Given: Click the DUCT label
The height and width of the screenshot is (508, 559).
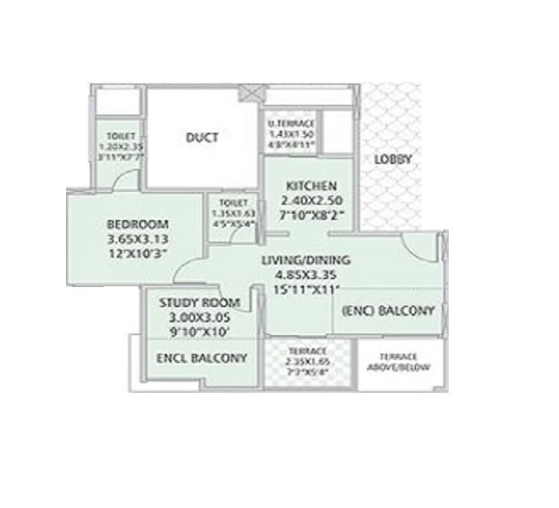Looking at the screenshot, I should tap(202, 138).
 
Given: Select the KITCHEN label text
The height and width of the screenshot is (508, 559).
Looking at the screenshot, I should tap(311, 186).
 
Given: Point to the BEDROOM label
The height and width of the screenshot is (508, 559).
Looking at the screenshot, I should tap(137, 225).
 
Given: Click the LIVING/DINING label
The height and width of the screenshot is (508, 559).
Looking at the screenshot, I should tap(306, 260).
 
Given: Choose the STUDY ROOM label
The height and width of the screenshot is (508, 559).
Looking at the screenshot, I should tap(199, 303).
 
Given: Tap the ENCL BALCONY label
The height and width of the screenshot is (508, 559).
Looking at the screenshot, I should tap(201, 358).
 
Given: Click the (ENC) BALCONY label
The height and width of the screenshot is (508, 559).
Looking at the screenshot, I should tap(388, 310).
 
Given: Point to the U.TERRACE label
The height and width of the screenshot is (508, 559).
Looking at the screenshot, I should tap(291, 124).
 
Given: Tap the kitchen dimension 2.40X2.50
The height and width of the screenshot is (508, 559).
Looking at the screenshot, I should tap(311, 200).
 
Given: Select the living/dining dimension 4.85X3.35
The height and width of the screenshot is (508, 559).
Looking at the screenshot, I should tap(306, 274).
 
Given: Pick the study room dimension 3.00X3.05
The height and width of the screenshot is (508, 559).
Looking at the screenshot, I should tap(199, 317).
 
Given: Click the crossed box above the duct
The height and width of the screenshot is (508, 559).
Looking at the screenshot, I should tap(251, 91).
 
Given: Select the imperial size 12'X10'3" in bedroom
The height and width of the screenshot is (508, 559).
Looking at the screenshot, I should tap(137, 253).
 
